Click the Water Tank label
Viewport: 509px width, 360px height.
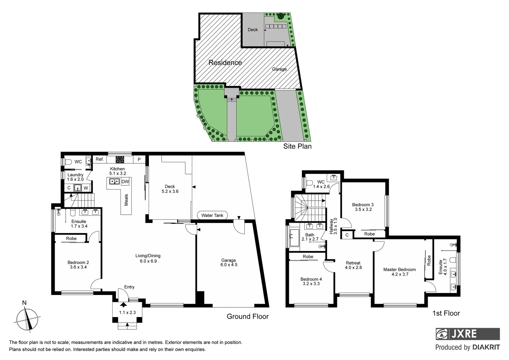tap(212, 215)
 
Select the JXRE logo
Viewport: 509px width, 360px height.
tap(467, 334)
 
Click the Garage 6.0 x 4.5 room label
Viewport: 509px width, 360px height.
tap(229, 263)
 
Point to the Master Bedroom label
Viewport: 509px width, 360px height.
tap(399, 272)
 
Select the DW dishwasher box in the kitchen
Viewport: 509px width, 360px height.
tap(125, 182)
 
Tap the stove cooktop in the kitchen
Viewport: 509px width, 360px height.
tap(120, 160)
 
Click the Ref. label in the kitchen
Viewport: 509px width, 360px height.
tap(100, 159)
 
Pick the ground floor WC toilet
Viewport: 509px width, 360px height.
tap(68, 162)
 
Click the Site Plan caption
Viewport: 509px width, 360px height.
tap(297, 146)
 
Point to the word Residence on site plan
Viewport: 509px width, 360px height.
tap(225, 63)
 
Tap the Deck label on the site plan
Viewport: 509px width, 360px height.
tap(253, 30)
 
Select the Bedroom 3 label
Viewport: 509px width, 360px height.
tap(363, 207)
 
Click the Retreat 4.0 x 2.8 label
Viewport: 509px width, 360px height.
tap(353, 265)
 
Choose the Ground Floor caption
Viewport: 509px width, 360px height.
tap(248, 316)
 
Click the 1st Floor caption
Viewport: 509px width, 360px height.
tap(446, 313)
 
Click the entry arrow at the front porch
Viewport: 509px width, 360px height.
tap(123, 304)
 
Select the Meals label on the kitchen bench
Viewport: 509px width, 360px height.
tap(126, 200)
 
